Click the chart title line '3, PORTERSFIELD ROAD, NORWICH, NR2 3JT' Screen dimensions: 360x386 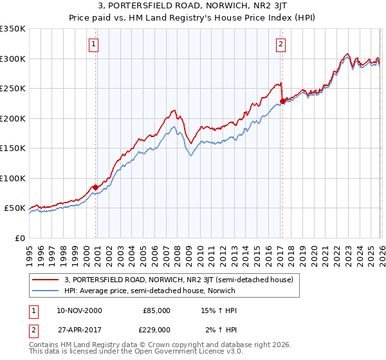[193, 6]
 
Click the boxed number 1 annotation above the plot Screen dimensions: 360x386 [94, 44]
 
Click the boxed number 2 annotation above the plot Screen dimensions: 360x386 [281, 44]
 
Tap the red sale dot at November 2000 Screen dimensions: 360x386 [96, 187]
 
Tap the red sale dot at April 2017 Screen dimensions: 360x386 [282, 101]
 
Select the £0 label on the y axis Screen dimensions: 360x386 [19, 238]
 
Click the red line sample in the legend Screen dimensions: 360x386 [46, 280]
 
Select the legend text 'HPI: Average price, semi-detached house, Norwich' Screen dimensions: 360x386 [150, 291]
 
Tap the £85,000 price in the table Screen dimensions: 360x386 [156, 310]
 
